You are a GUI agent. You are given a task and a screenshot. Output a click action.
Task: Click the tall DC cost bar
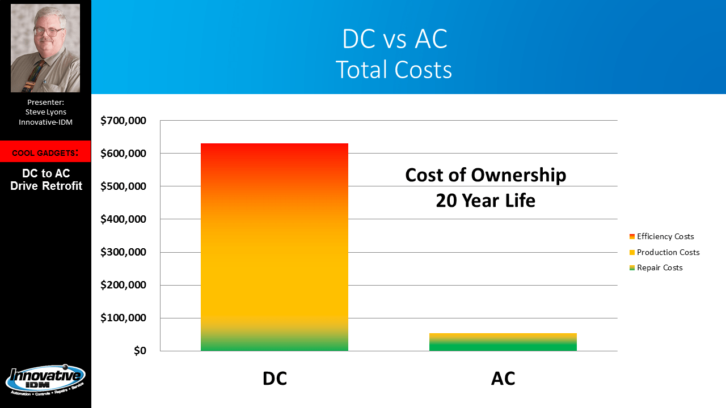pos(274,247)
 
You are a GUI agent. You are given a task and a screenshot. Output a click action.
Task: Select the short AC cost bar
pos(503,342)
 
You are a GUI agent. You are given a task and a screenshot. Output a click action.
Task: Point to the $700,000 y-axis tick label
pos(123,121)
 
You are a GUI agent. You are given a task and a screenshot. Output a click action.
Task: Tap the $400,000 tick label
pos(123,219)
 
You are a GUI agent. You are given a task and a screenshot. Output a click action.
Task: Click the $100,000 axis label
pos(123,318)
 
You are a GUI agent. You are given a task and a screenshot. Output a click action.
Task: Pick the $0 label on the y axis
pos(140,351)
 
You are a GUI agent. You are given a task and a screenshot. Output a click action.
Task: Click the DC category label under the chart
pos(275,379)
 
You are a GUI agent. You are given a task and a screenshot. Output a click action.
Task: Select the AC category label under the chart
pos(503,379)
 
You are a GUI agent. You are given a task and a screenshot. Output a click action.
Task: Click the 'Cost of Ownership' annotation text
pos(486,175)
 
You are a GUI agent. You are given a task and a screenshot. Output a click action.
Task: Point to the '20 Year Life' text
pos(486,201)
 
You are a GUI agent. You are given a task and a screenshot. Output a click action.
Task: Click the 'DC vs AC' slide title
pos(395,40)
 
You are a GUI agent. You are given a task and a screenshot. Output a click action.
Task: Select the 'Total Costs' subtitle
pos(394,70)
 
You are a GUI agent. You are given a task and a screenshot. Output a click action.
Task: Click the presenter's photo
pos(45,48)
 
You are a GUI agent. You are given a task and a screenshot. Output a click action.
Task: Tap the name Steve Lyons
pos(45,112)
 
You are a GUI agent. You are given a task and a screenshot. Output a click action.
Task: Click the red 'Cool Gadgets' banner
pos(45,152)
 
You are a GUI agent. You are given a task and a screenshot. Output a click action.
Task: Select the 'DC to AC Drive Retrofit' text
pos(46,180)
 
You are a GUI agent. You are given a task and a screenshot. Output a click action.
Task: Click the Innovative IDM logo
pos(45,380)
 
